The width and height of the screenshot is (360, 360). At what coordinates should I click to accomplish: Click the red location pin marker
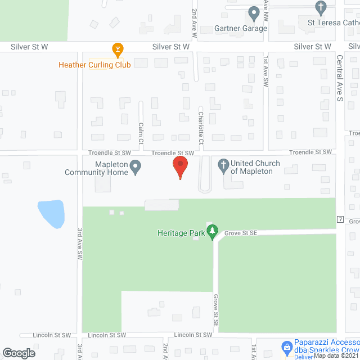(180, 166)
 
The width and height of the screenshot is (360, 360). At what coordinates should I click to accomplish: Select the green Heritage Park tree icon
(212, 231)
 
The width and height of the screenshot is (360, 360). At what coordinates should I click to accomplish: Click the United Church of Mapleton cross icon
(223, 166)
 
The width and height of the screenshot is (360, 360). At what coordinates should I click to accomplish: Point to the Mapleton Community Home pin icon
(135, 166)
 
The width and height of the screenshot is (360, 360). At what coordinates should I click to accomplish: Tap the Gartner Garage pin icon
(254, 12)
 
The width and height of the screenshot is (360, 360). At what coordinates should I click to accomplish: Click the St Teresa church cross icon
(321, 8)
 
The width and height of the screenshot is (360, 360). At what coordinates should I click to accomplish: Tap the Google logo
(18, 353)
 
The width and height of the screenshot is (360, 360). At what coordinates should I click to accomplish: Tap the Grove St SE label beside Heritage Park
(240, 232)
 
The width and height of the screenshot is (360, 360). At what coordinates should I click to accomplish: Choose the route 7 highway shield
(340, 218)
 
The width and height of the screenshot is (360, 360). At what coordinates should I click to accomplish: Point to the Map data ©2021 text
(335, 355)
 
